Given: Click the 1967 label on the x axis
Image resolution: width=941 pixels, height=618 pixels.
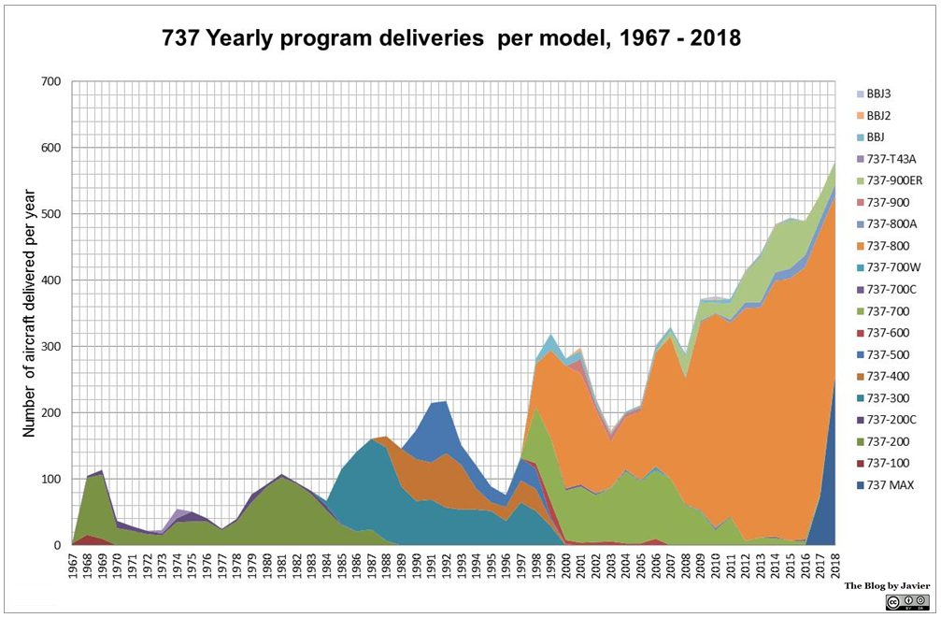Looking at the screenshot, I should [74, 566].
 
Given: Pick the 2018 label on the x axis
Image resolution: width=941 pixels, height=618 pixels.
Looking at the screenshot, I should [834, 566].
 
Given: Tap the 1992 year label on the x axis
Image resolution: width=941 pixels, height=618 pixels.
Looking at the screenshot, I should [447, 566].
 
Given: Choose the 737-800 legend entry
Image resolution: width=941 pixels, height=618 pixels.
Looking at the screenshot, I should [885, 246].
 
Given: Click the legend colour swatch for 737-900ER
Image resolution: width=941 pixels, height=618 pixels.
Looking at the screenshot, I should [859, 180].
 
